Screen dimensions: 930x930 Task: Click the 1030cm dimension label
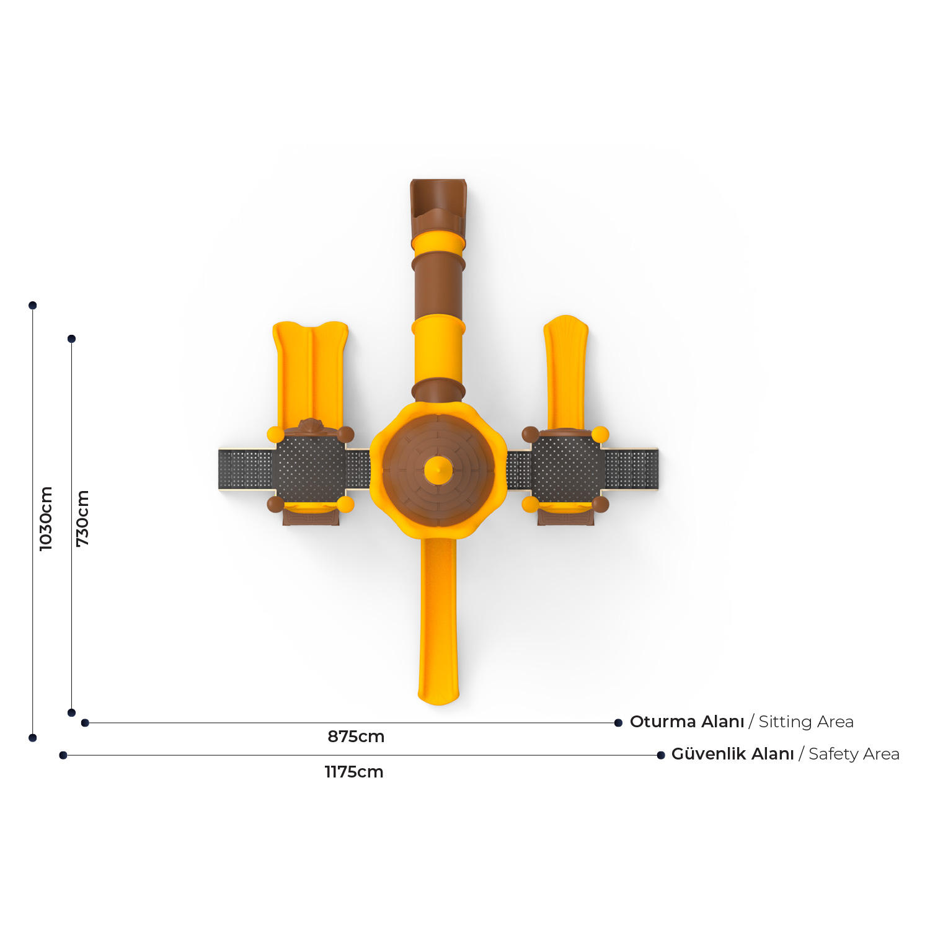(46, 518)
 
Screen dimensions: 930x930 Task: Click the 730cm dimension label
(82, 518)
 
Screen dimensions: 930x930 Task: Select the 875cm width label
(356, 737)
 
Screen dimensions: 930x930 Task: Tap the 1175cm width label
(354, 772)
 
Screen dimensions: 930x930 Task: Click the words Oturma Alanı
(687, 722)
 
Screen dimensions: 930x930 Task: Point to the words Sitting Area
(806, 722)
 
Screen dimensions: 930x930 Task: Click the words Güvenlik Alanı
(733, 754)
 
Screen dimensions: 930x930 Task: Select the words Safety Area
(854, 754)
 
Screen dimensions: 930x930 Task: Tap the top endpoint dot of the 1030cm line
(33, 305)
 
